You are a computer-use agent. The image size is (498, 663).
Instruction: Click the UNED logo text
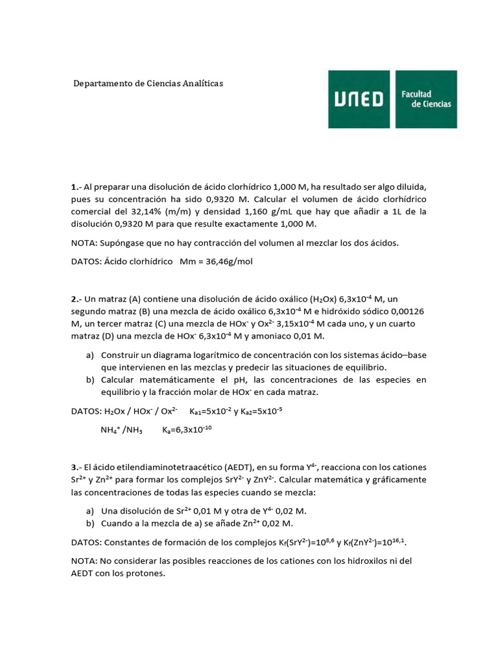click(x=359, y=99)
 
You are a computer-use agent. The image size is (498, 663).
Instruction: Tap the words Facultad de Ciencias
click(x=426, y=99)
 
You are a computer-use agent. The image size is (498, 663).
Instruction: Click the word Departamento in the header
click(x=102, y=84)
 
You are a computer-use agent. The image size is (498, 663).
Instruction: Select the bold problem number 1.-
click(x=76, y=186)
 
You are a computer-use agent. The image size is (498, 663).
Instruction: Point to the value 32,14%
click(x=163, y=211)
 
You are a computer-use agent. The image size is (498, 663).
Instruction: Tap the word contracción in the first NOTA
click(x=239, y=243)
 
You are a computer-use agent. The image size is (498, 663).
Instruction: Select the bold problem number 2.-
click(x=76, y=299)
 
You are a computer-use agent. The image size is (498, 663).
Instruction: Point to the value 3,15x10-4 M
click(x=305, y=324)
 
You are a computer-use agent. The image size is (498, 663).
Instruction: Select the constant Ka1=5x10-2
click(x=209, y=411)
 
